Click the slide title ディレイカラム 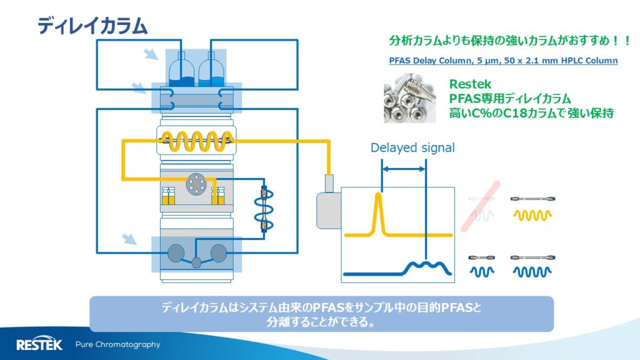point(92,25)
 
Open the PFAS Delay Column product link point(503,61)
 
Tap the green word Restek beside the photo point(470,84)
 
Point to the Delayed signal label point(412,148)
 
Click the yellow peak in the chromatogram point(378,212)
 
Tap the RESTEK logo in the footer point(39,344)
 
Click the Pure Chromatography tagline point(117,344)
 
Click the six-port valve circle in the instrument point(196,183)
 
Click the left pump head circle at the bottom point(177,252)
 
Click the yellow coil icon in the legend point(532,214)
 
